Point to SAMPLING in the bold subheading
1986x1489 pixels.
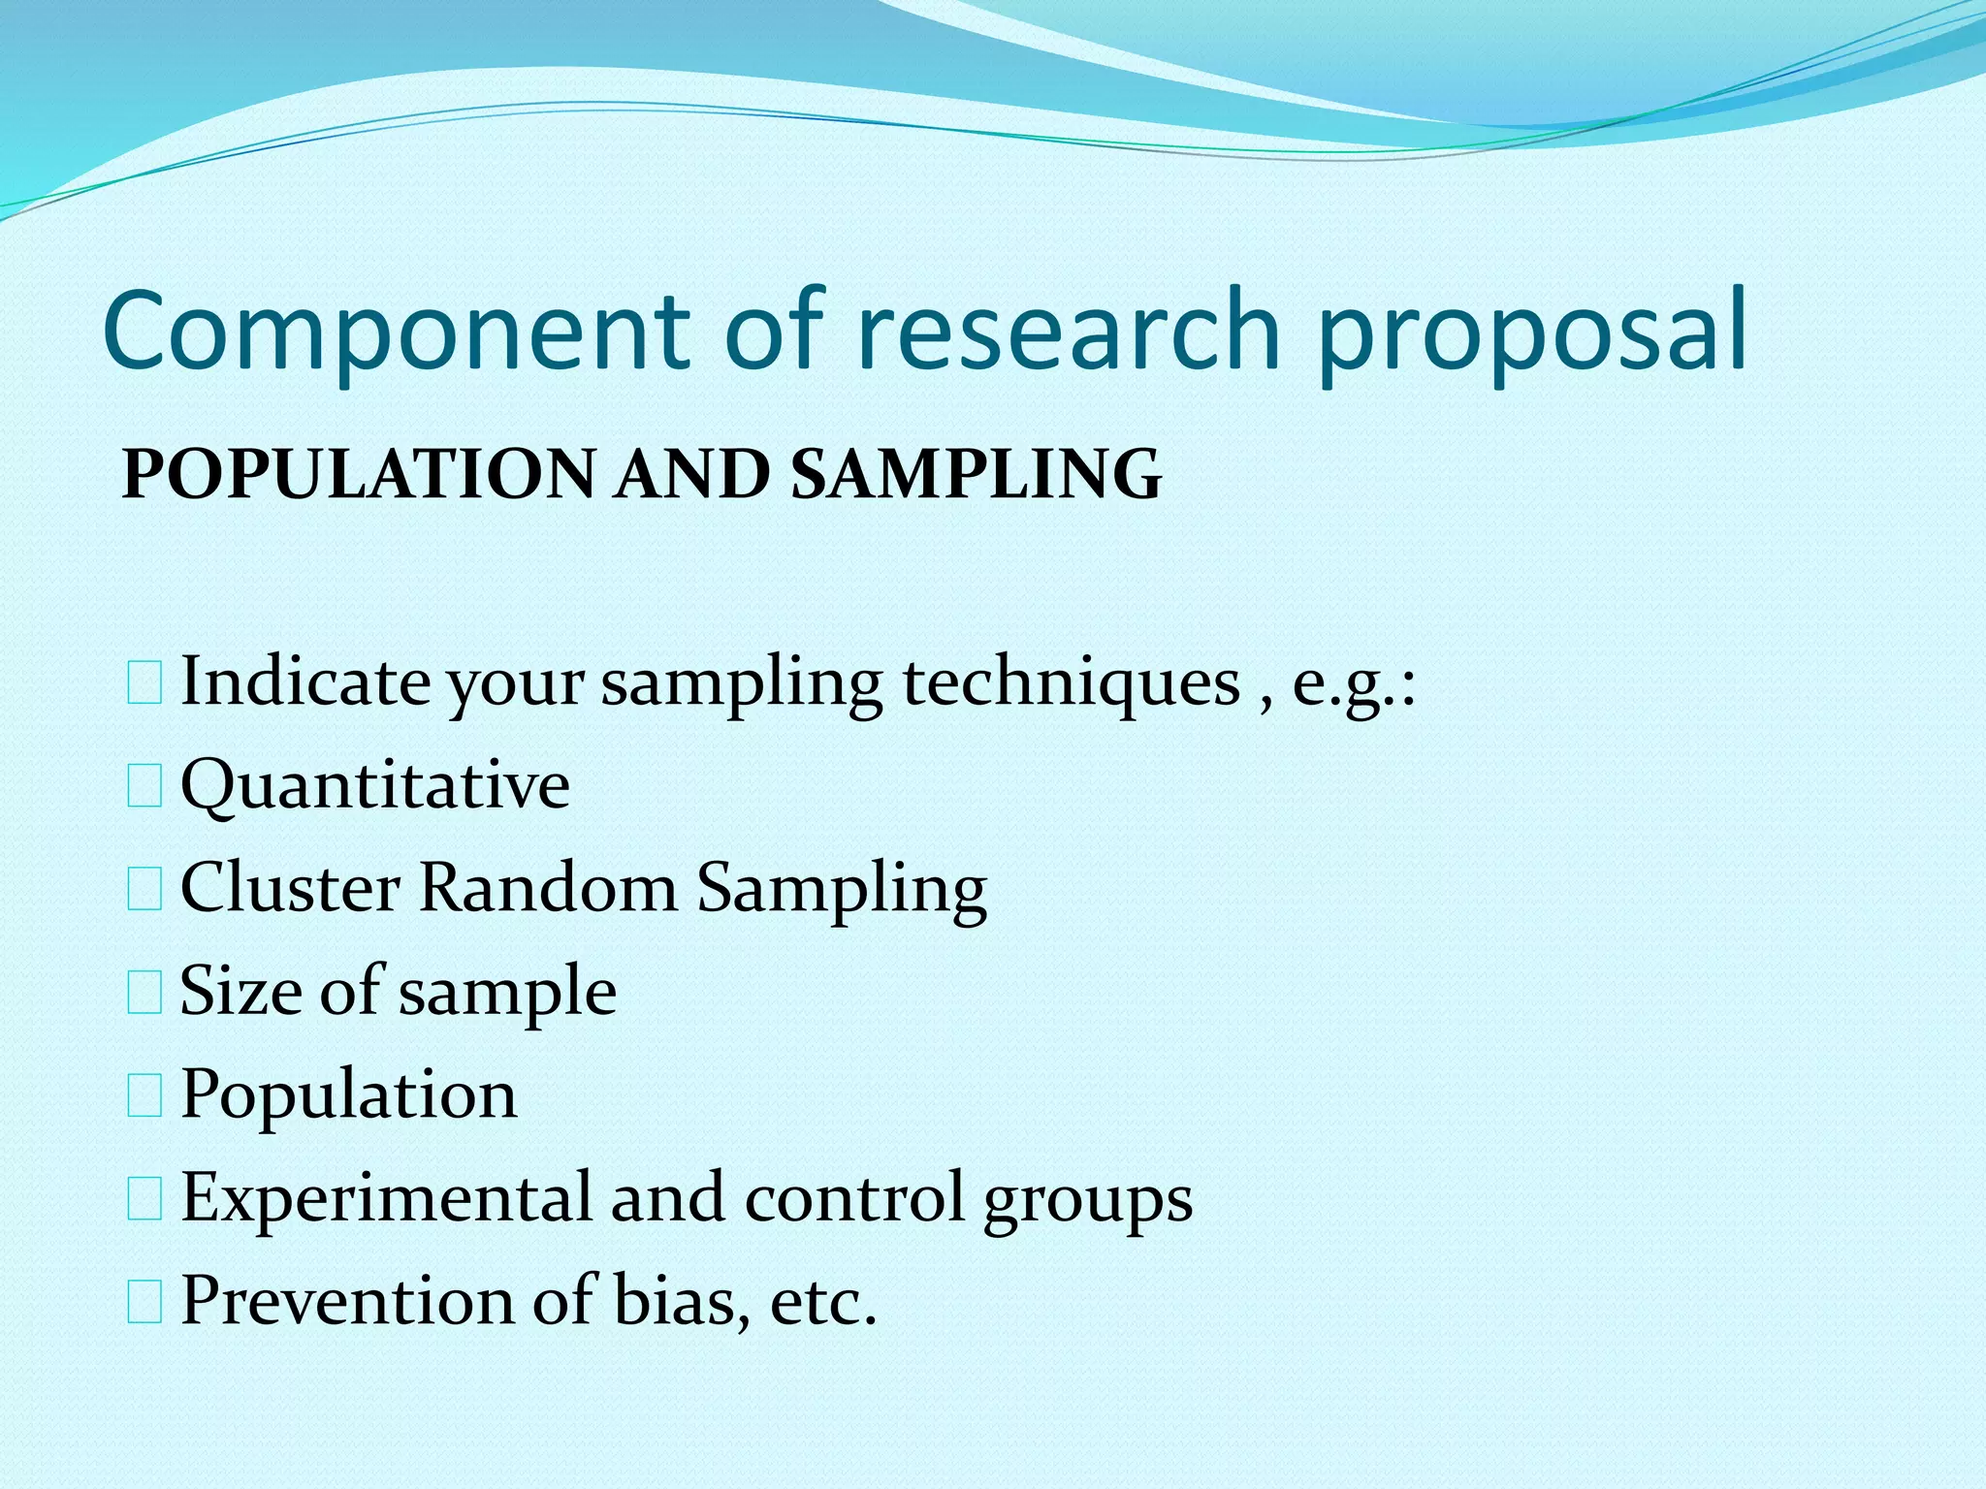coord(976,474)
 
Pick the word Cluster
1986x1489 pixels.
coord(290,887)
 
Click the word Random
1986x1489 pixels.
coord(548,887)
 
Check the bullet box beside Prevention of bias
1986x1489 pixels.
coord(144,1302)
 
